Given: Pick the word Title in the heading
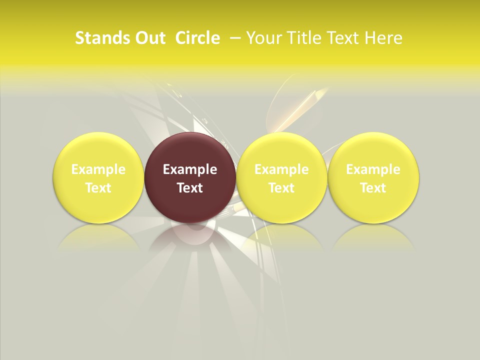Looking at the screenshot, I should (x=304, y=38).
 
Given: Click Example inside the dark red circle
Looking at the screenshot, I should (x=190, y=169).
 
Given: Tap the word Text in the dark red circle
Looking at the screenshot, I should (x=190, y=188).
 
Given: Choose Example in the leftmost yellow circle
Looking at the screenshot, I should (x=98, y=169).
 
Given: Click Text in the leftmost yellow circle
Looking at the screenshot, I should (x=98, y=188).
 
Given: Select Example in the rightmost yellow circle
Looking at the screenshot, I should (x=373, y=169).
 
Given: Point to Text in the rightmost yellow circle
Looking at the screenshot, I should (x=373, y=188).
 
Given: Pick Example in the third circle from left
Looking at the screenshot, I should (x=281, y=169).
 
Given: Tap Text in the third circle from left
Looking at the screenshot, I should (x=281, y=188).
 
